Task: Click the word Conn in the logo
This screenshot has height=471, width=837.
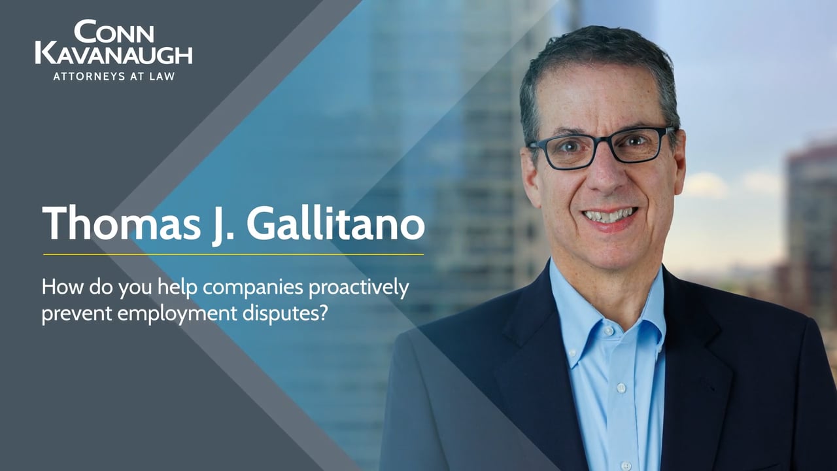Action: [x=114, y=31]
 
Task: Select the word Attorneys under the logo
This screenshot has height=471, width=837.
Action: [x=90, y=77]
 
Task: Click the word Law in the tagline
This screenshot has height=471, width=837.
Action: [x=163, y=77]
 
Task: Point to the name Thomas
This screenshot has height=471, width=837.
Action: [x=122, y=223]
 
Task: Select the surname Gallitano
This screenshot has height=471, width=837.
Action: [x=335, y=223]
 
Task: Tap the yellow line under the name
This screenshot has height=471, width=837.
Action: [x=233, y=254]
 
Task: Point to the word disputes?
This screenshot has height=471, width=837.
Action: [x=284, y=313]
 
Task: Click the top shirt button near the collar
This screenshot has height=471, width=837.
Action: [x=608, y=331]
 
